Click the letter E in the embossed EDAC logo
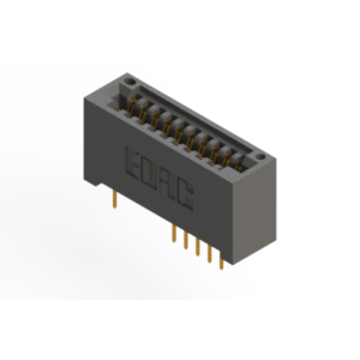(134, 164)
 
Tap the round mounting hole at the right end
(260, 157)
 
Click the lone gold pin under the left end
(115, 200)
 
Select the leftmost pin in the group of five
(174, 233)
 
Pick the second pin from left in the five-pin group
(186, 240)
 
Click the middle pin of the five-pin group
(198, 247)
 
